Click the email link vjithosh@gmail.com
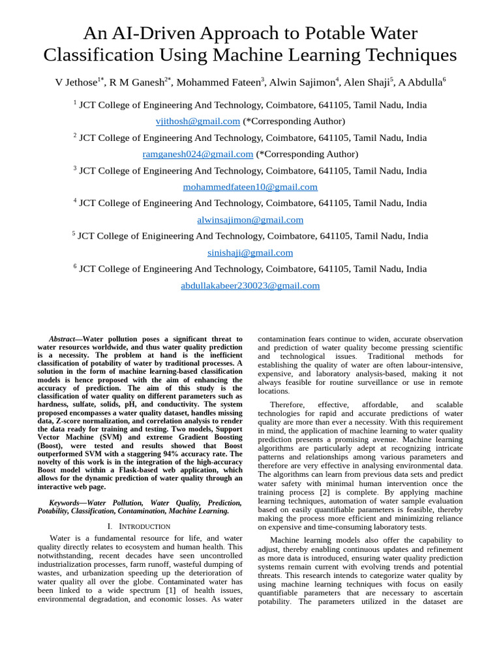click(x=198, y=121)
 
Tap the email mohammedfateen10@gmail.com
click(x=250, y=187)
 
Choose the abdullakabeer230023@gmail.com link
click(x=250, y=286)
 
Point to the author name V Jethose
click(x=76, y=83)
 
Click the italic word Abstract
click(x=62, y=339)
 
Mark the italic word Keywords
click(x=68, y=503)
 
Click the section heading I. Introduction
click(x=138, y=526)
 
